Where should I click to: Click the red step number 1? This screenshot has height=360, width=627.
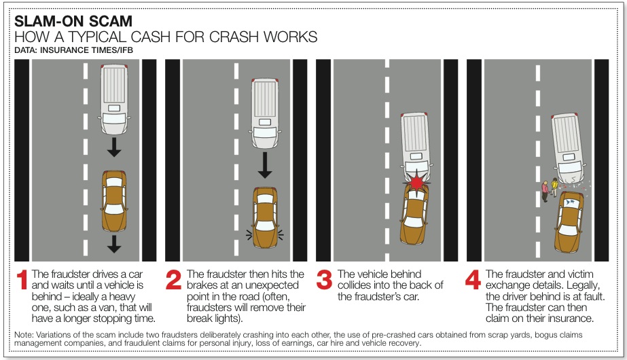point(22,280)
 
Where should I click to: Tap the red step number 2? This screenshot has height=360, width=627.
point(173,280)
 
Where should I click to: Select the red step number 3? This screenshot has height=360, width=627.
point(324,280)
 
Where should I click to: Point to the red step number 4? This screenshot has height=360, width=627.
point(473,280)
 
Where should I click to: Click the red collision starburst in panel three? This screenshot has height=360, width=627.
point(417,182)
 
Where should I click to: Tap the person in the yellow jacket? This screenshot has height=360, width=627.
point(554,187)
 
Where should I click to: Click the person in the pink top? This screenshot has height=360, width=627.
point(545,191)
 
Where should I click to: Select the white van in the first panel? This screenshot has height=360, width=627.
point(114,99)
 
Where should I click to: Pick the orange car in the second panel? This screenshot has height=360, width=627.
point(265,217)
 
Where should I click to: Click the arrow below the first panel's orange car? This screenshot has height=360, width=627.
point(114,244)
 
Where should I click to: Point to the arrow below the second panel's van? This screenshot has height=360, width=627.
point(265,165)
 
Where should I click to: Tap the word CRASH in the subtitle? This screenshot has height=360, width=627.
point(234,37)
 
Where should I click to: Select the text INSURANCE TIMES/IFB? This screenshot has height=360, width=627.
point(86,50)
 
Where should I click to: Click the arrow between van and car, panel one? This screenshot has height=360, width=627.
point(114,147)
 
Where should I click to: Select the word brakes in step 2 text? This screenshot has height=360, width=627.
point(202,285)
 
